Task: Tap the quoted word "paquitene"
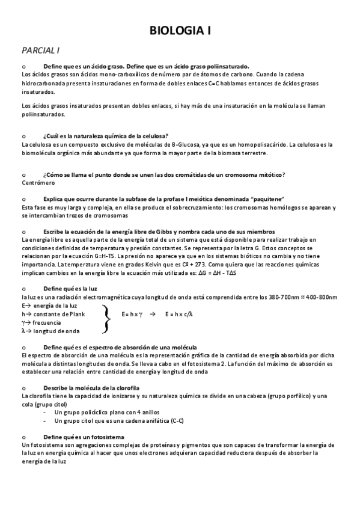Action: pyautogui.click(x=267, y=199)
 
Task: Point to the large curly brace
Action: pyautogui.click(x=106, y=318)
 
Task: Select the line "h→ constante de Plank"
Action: pyautogui.click(x=53, y=314)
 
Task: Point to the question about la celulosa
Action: pyautogui.click(x=106, y=136)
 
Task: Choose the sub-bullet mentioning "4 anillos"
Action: pyautogui.click(x=106, y=412)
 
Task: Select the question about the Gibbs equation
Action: pyautogui.click(x=159, y=232)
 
